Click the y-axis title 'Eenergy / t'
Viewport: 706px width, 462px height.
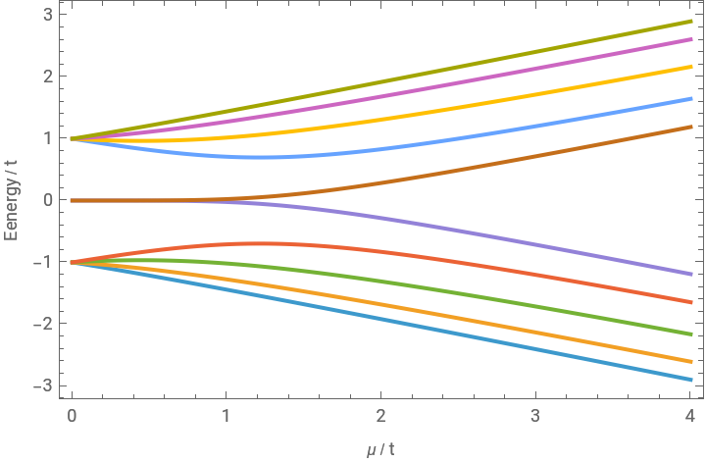[14, 200]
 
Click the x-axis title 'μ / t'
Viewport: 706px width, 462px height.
[381, 448]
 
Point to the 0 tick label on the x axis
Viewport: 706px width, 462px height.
[72, 416]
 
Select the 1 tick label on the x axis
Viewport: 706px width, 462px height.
[227, 416]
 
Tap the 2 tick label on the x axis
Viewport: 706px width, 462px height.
[380, 416]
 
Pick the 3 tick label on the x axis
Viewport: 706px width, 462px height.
[535, 416]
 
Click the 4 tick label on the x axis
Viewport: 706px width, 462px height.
[690, 416]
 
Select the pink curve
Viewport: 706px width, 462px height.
[392, 99]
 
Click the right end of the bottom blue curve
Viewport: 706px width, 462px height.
[689, 380]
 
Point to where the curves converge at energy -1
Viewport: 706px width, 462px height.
[73, 262]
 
